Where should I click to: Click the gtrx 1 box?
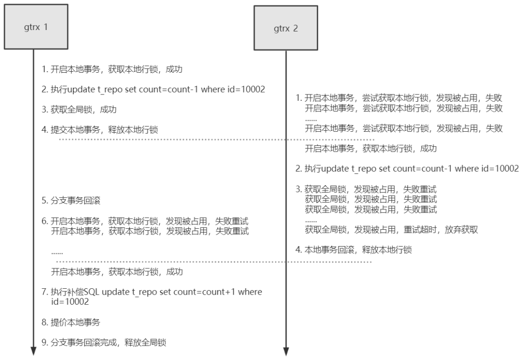[x=36, y=27]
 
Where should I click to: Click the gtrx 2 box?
[x=286, y=28]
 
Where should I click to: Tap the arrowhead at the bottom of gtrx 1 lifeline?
[x=33, y=351]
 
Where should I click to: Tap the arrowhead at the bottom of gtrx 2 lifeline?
[x=286, y=351]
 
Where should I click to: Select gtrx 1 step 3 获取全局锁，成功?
[x=79, y=110]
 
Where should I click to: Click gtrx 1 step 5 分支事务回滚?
[x=71, y=201]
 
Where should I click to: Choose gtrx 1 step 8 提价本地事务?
[x=71, y=322]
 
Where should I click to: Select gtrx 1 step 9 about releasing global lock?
[x=104, y=343]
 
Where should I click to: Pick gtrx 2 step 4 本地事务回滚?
[x=354, y=250]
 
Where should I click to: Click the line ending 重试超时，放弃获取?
[x=391, y=230]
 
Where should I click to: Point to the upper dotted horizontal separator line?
[x=217, y=140]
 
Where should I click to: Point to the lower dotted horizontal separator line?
[x=214, y=262]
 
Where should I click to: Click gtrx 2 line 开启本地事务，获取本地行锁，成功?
[x=371, y=148]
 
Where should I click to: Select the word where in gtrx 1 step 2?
[x=213, y=90]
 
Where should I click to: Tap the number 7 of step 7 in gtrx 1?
[x=45, y=292]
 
